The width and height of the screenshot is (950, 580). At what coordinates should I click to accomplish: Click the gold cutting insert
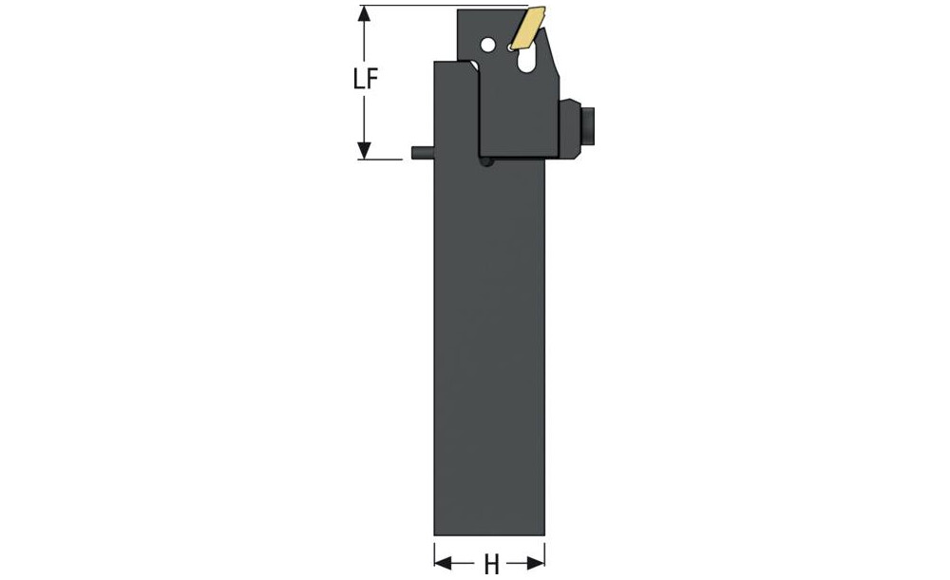(x=527, y=28)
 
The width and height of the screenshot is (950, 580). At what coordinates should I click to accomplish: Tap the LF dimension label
(x=366, y=79)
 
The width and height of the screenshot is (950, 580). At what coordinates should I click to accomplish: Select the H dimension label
(x=491, y=565)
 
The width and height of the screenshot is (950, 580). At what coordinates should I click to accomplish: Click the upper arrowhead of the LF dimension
(x=364, y=14)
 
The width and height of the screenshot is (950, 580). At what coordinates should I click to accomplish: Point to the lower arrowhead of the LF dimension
(x=364, y=151)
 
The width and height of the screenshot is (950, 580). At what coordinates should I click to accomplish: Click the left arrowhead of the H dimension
(x=443, y=564)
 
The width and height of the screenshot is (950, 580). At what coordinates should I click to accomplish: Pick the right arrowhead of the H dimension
(x=536, y=564)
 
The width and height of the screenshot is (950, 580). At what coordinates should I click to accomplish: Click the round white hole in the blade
(x=487, y=45)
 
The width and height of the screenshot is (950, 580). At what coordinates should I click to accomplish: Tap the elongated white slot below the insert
(x=526, y=61)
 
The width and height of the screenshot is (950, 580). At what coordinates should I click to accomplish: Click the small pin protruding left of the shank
(x=423, y=153)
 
